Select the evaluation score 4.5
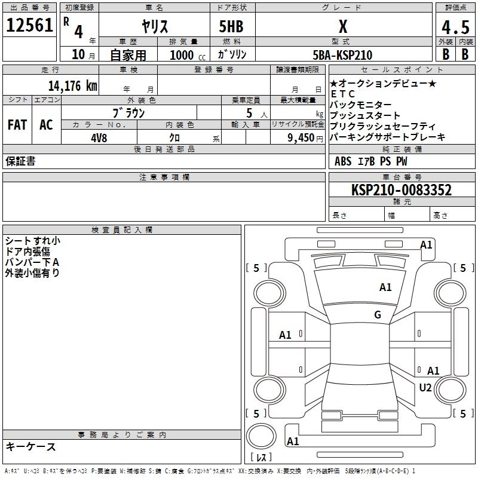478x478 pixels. tap(455, 27)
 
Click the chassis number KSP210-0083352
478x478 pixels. tap(401, 190)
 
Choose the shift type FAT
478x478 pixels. tap(17, 125)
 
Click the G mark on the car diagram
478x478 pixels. tap(378, 315)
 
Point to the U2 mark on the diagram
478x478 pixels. tap(425, 388)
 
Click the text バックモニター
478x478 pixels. tap(360, 105)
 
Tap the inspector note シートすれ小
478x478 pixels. tap(32, 241)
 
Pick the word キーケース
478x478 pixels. tap(30, 446)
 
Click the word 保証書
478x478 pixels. tap(20, 161)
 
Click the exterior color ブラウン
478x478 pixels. tap(129, 112)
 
